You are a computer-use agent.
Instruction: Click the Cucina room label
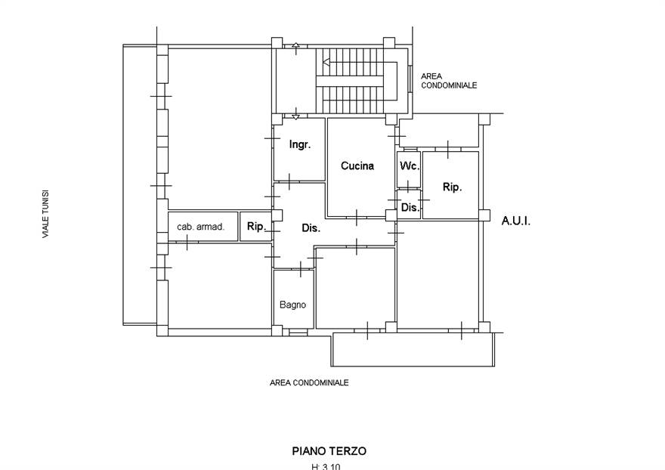(357, 166)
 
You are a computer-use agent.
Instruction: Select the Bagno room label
(292, 305)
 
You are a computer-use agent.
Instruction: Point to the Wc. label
(409, 165)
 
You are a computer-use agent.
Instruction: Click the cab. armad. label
(201, 227)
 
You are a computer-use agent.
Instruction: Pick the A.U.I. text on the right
(516, 221)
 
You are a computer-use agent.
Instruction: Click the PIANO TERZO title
(329, 450)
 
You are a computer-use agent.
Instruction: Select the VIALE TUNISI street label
(45, 215)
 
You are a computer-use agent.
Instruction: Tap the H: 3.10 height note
(326, 466)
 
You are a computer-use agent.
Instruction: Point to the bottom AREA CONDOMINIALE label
(309, 383)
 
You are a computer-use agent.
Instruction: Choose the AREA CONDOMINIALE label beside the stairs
(449, 82)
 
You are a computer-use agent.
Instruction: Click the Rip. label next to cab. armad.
(256, 226)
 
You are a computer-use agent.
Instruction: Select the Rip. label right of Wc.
(452, 187)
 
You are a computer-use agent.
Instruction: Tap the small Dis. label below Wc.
(410, 207)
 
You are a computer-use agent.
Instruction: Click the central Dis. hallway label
(311, 227)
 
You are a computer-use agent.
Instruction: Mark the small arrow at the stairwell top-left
(295, 46)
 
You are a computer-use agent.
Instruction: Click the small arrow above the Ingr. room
(295, 116)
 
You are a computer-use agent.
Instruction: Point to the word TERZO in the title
(348, 450)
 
